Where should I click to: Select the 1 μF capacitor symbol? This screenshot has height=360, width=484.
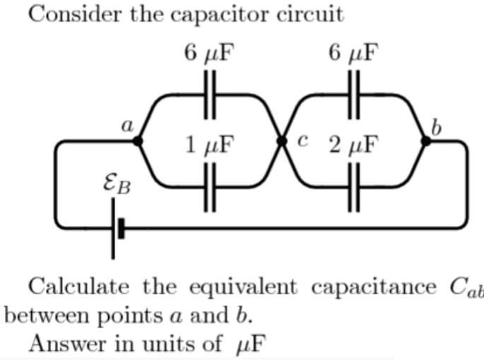coord(209,187)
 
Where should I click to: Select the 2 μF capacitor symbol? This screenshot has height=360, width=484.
coord(353,187)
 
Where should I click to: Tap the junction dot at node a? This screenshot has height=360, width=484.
coord(137,141)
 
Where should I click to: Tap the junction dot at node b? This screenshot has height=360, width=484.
coord(425,141)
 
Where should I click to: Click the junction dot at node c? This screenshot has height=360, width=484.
coord(281,141)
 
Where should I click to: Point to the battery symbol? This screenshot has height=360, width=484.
coord(117,228)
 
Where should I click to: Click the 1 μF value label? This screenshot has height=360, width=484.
coord(208,145)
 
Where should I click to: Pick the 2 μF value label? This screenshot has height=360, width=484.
coord(353,145)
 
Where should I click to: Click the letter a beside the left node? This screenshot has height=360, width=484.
coord(127,126)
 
